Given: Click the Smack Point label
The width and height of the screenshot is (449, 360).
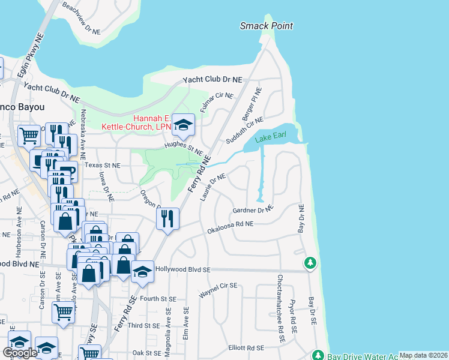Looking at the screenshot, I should click(267, 26).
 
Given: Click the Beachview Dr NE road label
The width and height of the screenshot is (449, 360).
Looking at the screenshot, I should click(83, 19).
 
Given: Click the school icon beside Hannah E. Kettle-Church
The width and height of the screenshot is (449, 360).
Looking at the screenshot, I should click(184, 125).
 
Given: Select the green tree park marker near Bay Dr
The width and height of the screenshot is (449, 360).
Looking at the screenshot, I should click(310, 263).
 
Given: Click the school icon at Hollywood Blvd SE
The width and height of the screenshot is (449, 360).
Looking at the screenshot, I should click(142, 271).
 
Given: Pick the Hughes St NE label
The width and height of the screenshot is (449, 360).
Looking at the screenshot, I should click(184, 149).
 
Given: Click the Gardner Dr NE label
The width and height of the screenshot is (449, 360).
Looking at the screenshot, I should click(253, 210).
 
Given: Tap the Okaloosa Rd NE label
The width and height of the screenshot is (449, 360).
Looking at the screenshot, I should click(231, 226).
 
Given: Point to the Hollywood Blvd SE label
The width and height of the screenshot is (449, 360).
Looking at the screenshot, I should click(182, 270).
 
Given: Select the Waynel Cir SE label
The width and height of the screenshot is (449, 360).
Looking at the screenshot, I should click(219, 290).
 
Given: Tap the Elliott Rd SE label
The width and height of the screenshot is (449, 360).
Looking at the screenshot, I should click(246, 348).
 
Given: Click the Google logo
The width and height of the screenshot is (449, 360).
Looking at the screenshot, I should click(19, 353).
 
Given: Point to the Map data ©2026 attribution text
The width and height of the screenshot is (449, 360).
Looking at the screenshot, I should click(423, 355).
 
